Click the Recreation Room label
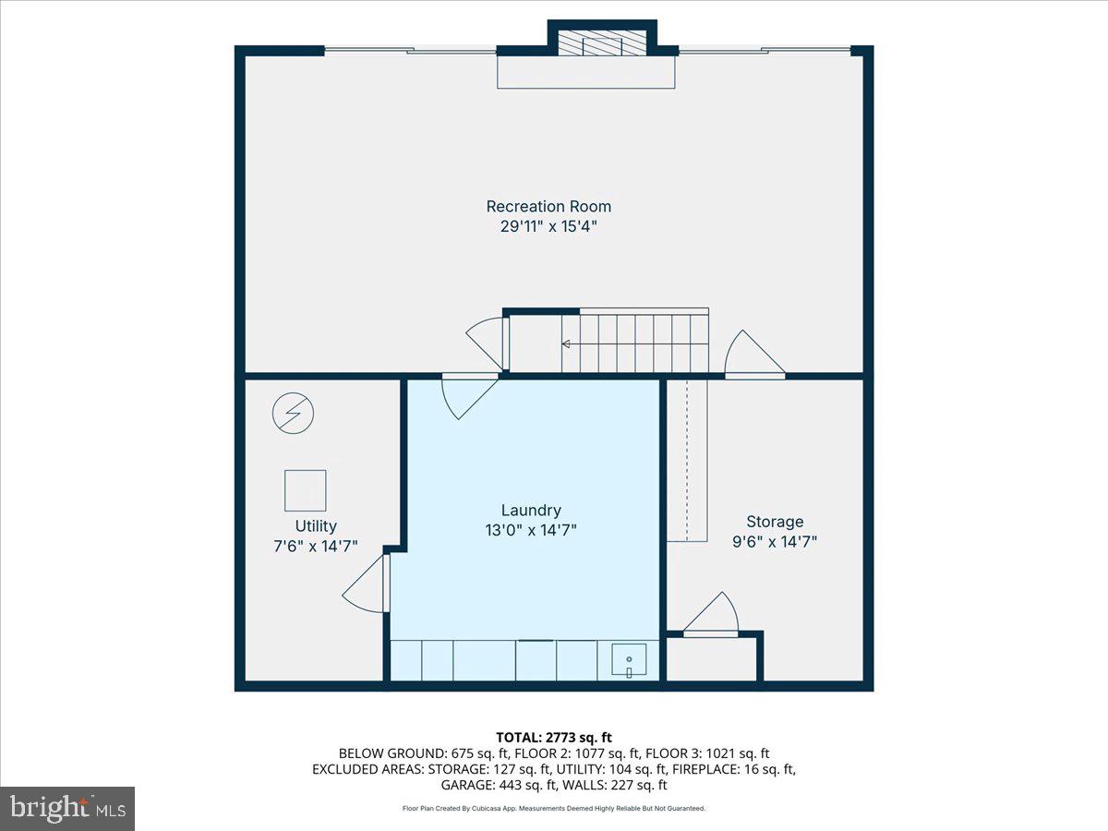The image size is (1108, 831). point(548,206)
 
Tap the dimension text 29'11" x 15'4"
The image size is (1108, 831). point(548,226)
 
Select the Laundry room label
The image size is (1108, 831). point(531,511)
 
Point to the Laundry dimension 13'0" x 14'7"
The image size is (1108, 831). point(531,530)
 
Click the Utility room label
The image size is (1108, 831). point(316,526)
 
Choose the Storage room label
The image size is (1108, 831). point(775,522)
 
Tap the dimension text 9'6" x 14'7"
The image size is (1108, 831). point(775,542)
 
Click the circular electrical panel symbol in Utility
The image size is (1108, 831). point(293,414)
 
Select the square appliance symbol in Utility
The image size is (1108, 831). point(306,490)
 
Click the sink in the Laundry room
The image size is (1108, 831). point(629,659)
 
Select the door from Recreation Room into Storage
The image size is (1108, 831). point(753,355)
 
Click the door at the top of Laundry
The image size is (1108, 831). point(469,396)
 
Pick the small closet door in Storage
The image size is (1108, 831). point(712,615)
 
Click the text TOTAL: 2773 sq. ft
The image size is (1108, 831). point(554,738)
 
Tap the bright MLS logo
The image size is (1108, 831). point(67,809)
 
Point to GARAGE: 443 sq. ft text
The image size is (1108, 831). point(498,785)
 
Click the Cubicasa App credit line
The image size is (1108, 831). point(554,808)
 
